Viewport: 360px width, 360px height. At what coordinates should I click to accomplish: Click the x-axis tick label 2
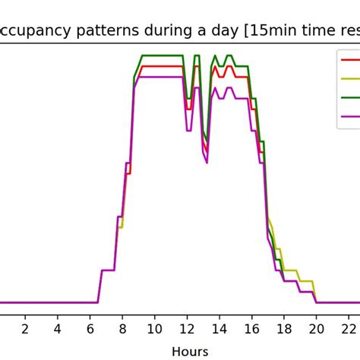[24, 328]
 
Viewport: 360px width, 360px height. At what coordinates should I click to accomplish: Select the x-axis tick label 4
[57, 328]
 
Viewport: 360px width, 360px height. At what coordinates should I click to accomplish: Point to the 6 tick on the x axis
[90, 328]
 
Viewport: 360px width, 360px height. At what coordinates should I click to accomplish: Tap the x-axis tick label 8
[122, 328]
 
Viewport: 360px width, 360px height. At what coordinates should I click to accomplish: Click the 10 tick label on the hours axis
[154, 328]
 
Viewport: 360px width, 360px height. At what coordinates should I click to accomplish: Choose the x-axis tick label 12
[187, 328]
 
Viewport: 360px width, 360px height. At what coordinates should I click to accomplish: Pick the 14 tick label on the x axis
[219, 328]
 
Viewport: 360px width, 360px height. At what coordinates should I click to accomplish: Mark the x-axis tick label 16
[251, 328]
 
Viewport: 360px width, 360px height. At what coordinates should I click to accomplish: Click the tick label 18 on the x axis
[284, 328]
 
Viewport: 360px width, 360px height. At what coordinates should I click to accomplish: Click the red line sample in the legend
[350, 59]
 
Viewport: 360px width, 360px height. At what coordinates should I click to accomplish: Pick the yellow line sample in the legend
[350, 78]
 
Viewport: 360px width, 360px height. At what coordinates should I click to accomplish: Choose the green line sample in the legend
[350, 97]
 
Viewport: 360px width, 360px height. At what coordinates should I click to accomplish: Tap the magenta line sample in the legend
[350, 116]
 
